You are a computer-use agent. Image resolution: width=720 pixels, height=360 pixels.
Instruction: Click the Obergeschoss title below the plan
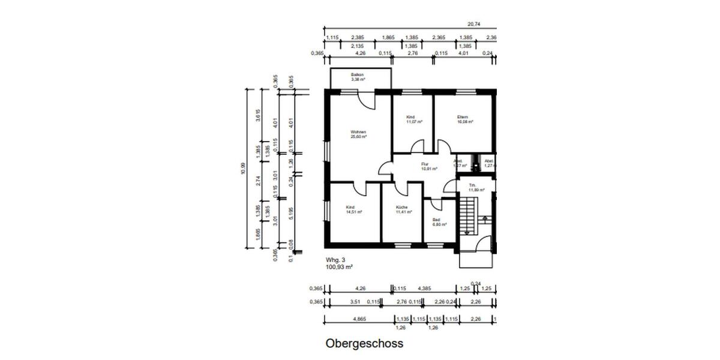(364, 344)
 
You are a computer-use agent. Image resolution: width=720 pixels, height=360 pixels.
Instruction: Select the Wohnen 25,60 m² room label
(359, 134)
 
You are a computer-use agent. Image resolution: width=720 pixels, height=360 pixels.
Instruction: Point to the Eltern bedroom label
(462, 119)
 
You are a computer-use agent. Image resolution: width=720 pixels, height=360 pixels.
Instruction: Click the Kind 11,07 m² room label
(414, 119)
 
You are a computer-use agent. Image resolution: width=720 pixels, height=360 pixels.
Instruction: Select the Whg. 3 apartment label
(336, 260)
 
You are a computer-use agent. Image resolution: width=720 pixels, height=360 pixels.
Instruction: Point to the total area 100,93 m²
(339, 266)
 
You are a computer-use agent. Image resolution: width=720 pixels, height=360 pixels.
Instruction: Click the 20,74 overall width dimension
(474, 25)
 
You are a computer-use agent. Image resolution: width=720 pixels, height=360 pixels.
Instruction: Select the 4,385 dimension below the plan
(425, 288)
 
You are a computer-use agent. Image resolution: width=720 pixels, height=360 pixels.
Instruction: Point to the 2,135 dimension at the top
(358, 46)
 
